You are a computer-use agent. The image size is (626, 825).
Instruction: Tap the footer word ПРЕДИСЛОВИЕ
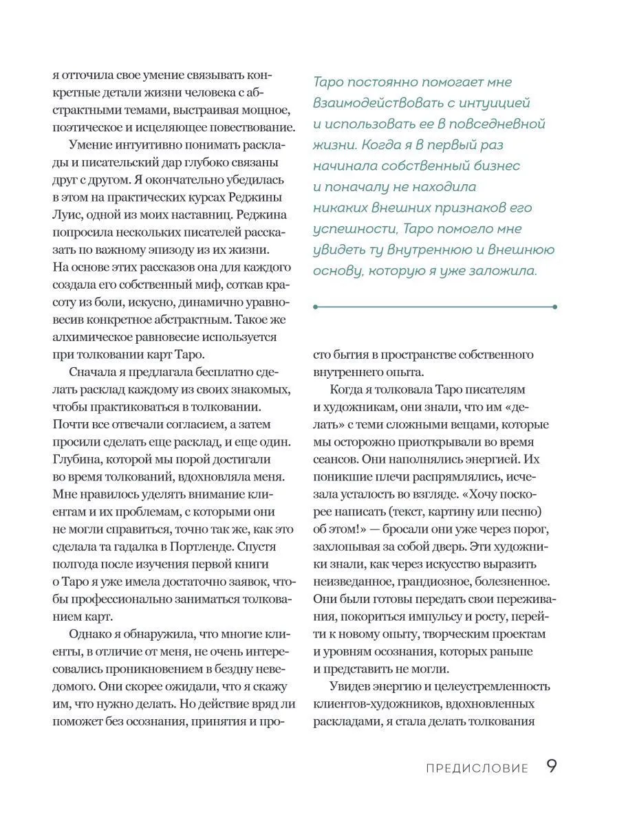[477, 768]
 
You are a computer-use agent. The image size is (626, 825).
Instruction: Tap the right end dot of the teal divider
[554, 307]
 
